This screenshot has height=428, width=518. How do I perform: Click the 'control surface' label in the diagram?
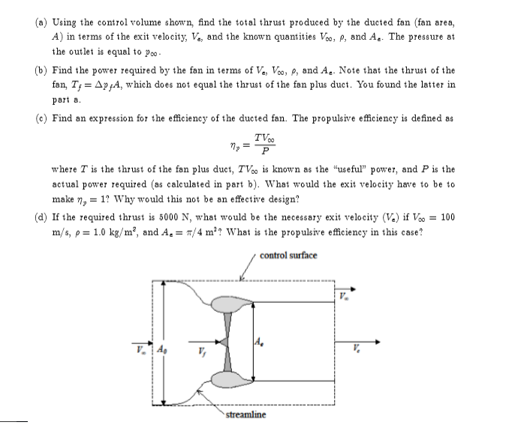[x=288, y=255]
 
